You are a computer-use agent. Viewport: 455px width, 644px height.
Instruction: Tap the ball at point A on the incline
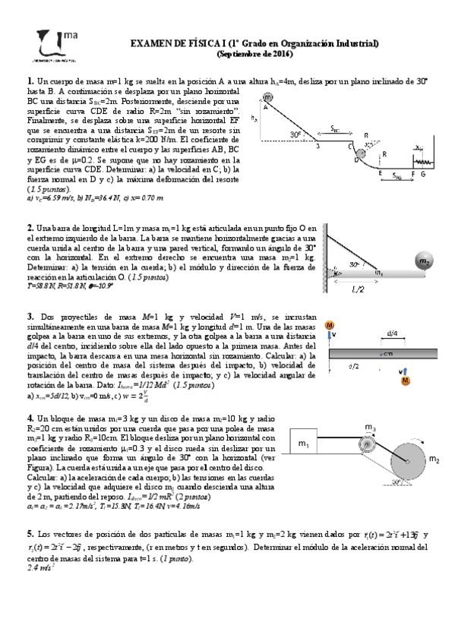(x=268, y=97)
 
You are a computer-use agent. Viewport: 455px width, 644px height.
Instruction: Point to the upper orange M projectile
(x=330, y=325)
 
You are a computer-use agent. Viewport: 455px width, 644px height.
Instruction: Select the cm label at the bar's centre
(x=387, y=355)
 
